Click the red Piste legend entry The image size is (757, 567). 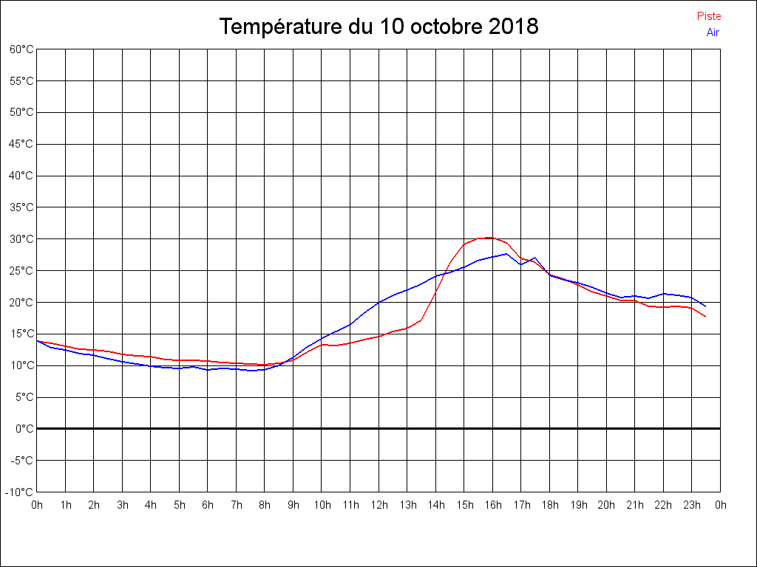click(x=708, y=16)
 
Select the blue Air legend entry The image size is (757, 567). click(x=713, y=32)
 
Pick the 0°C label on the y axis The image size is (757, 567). click(x=25, y=428)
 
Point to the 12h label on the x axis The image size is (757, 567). click(x=378, y=505)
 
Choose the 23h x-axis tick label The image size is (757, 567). click(x=692, y=505)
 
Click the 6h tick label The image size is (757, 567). click(x=208, y=505)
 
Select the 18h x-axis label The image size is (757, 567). click(x=549, y=505)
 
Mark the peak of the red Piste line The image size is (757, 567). click(x=491, y=238)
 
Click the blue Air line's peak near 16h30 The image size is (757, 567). click(x=506, y=253)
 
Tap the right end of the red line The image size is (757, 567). click(x=706, y=317)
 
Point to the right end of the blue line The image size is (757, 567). click(x=706, y=306)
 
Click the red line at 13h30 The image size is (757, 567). click(x=421, y=320)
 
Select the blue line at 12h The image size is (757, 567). click(x=378, y=302)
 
